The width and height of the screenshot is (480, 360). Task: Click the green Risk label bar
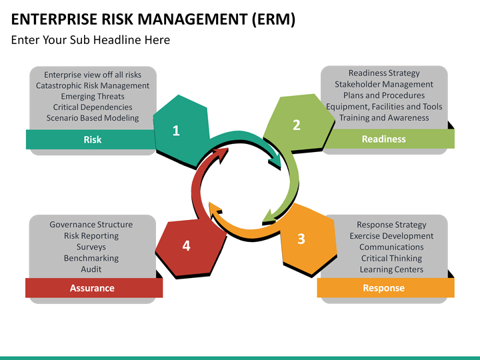point(92,139)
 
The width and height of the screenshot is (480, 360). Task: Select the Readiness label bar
point(383,139)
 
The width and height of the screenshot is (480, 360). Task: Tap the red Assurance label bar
point(92,288)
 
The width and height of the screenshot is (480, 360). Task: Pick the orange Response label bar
point(383,288)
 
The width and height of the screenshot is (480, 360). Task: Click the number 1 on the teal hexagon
point(176,131)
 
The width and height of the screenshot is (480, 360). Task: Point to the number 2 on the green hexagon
point(297,125)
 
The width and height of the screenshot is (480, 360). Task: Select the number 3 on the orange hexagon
point(301,239)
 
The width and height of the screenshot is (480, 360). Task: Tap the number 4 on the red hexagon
point(186,246)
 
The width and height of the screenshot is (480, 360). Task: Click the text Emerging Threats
point(93,96)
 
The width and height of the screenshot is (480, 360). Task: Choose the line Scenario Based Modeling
point(93,118)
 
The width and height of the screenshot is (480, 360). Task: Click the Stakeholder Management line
point(384,84)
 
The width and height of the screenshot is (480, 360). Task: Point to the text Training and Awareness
point(384,117)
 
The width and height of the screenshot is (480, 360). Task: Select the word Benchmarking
point(91,258)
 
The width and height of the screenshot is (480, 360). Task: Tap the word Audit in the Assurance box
point(91,269)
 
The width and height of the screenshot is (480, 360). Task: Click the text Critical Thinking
point(391,258)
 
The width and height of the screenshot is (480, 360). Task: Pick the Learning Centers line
point(391,269)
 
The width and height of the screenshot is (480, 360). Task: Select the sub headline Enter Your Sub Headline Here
point(91,40)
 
